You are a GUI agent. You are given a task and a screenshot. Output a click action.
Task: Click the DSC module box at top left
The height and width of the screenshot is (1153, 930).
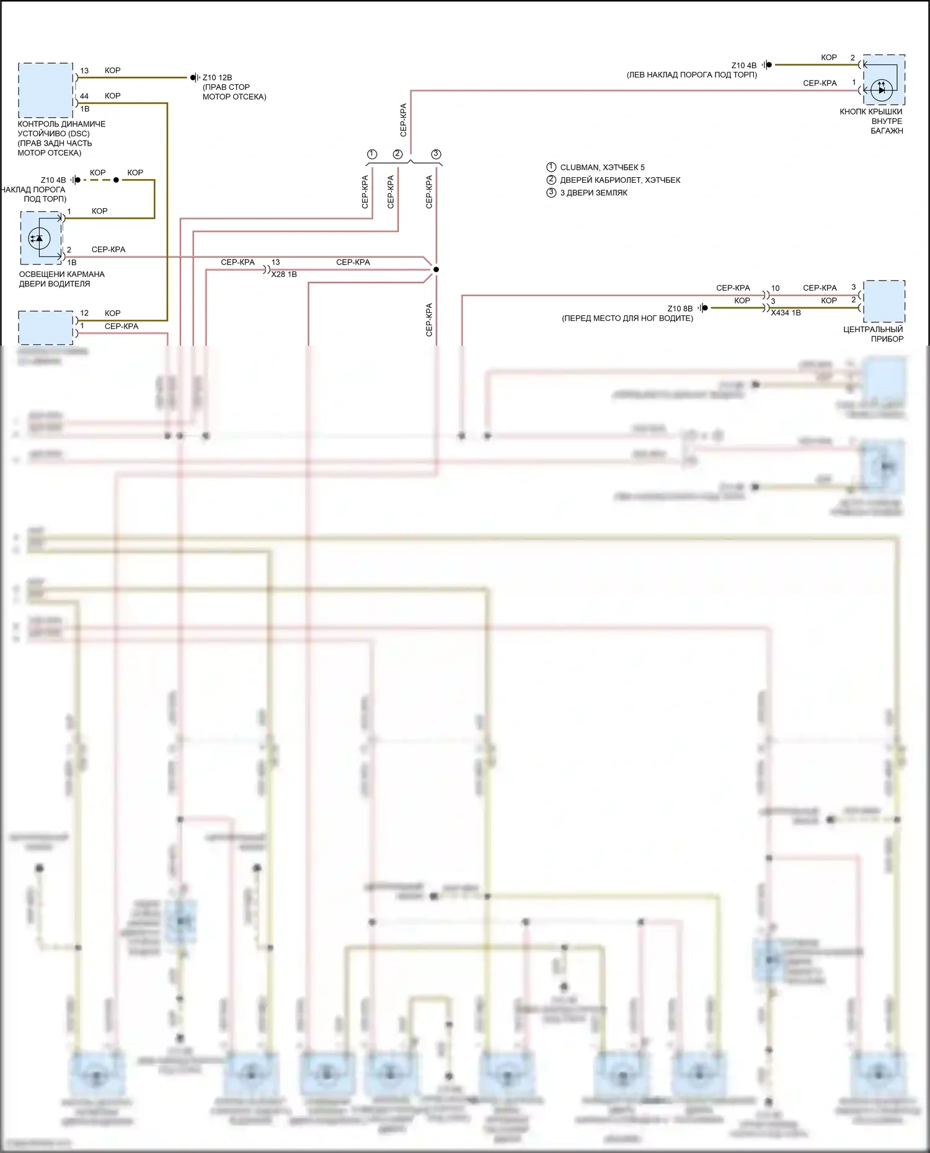[45, 90]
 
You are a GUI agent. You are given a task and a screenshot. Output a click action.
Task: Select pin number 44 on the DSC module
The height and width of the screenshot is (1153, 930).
[84, 96]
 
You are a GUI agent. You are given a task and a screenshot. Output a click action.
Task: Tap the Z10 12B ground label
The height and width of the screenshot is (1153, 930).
[217, 77]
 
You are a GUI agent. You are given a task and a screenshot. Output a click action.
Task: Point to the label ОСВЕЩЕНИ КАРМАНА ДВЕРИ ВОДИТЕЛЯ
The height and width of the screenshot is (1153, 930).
[61, 279]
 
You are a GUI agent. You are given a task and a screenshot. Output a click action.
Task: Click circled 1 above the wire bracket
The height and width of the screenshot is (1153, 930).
[372, 154]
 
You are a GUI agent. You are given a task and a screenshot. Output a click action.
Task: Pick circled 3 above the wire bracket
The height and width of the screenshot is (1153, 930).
[436, 154]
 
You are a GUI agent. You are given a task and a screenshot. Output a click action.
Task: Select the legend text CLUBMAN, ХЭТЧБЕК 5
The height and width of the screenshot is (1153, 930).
[602, 167]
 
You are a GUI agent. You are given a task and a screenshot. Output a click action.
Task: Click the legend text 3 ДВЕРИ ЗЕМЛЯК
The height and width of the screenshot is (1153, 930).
[593, 193]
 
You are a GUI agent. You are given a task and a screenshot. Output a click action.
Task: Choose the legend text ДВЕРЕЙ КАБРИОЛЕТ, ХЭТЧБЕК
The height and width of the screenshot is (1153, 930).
[620, 180]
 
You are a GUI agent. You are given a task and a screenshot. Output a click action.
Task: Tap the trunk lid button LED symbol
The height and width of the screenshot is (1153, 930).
[882, 90]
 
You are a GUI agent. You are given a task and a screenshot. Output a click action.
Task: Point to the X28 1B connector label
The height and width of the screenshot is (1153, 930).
[284, 274]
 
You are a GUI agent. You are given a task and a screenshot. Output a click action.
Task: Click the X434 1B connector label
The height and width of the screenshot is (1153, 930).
[786, 313]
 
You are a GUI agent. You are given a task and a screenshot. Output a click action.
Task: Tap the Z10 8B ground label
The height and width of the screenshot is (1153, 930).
[680, 309]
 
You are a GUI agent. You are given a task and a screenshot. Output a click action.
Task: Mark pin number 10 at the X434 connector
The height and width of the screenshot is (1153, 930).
[775, 288]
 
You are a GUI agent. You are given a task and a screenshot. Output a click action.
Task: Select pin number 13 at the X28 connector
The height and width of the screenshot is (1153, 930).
[275, 263]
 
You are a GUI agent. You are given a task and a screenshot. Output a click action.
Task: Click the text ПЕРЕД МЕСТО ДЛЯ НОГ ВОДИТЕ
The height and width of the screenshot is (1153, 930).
[627, 318]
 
